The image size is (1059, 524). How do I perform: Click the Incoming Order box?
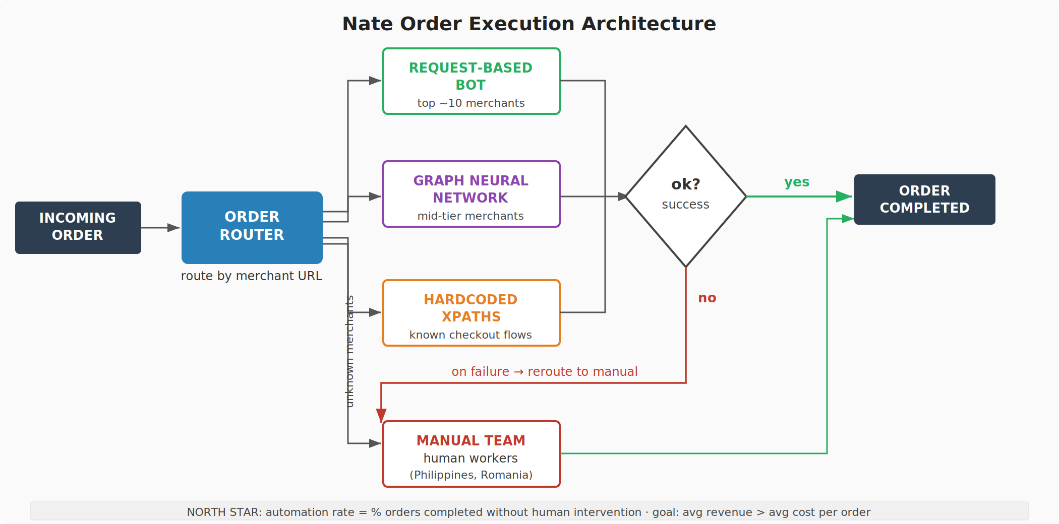click(78, 227)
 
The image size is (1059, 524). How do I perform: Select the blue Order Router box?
click(252, 227)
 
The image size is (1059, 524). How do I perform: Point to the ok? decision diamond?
click(685, 196)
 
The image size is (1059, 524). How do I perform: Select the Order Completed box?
click(924, 200)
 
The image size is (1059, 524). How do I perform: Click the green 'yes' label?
click(796, 182)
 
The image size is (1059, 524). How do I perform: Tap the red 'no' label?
click(707, 298)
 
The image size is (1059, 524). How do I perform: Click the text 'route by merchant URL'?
click(251, 276)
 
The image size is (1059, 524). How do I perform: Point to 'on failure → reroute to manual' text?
click(544, 372)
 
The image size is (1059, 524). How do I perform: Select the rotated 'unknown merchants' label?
click(349, 351)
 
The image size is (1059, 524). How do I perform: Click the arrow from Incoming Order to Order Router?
click(160, 228)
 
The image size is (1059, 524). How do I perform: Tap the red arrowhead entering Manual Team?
click(381, 415)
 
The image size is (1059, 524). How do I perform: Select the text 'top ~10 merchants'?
click(471, 103)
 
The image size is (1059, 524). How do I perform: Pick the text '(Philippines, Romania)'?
click(471, 475)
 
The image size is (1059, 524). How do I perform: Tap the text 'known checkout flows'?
click(470, 335)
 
